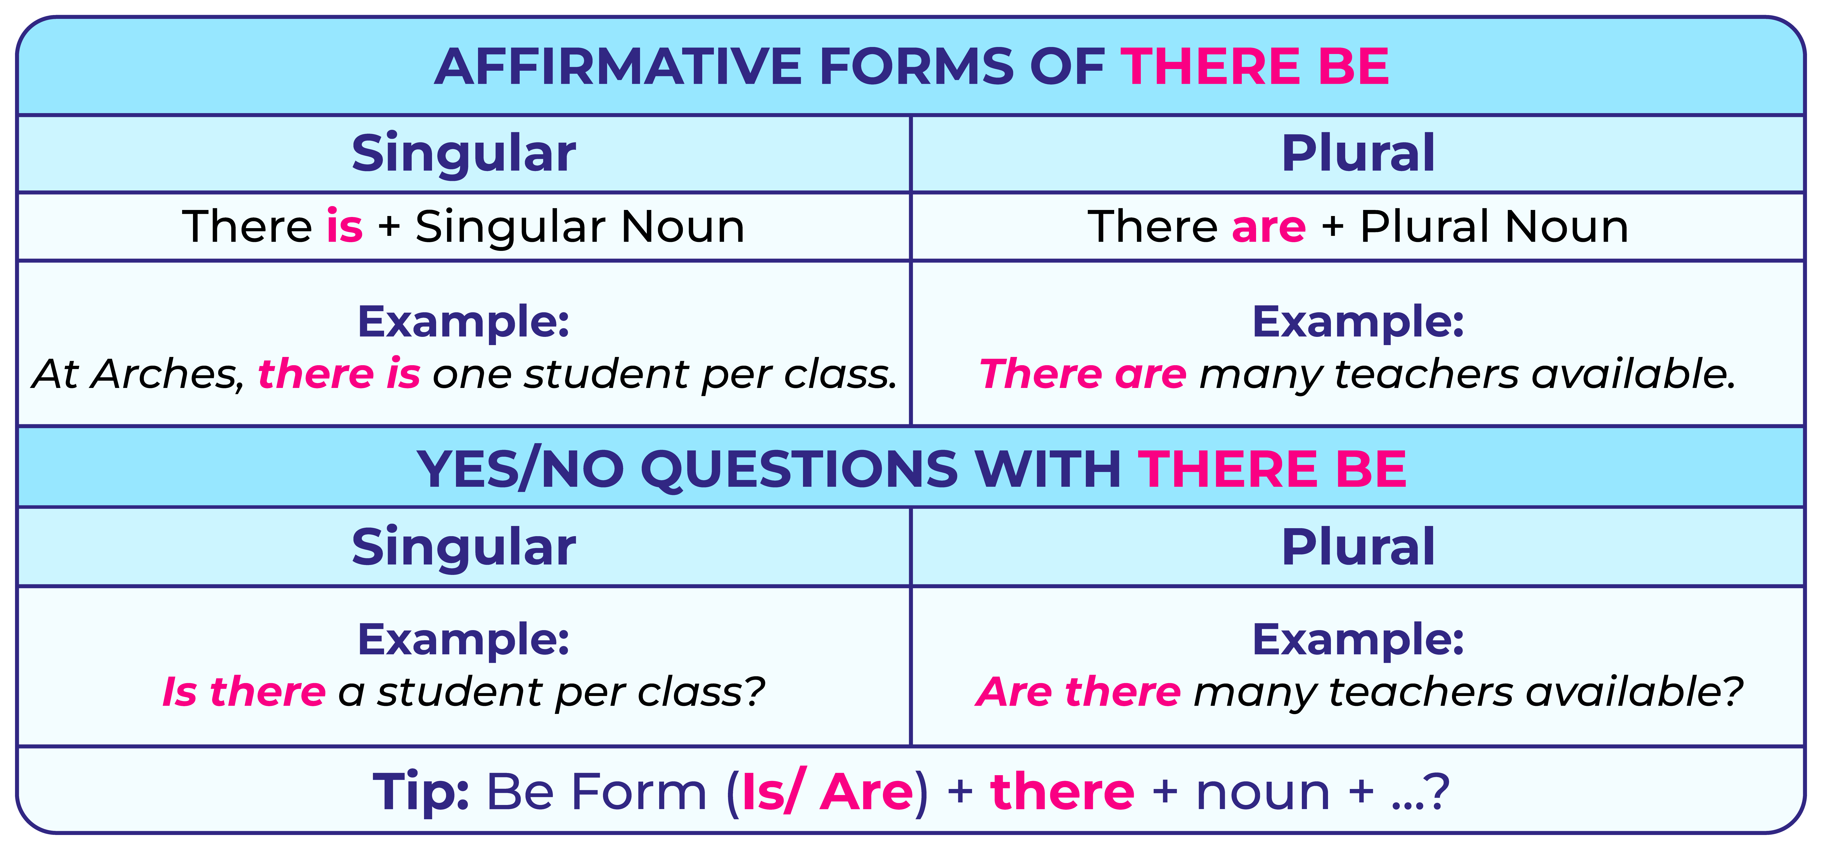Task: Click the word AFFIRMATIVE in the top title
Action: pos(618,67)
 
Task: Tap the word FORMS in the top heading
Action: pos(916,67)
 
